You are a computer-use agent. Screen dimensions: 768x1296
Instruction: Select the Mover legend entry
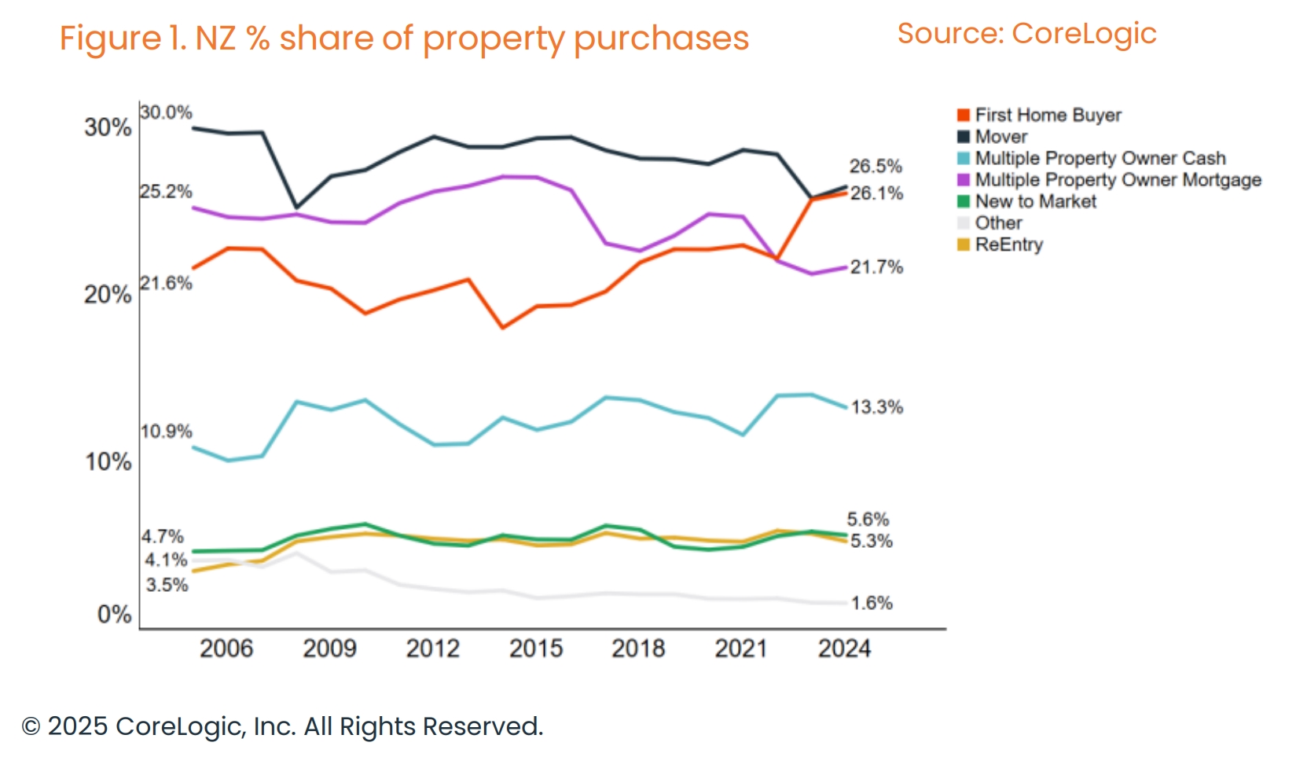[1000, 137]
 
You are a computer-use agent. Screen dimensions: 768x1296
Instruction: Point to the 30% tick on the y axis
[108, 127]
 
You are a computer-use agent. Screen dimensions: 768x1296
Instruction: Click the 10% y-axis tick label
[108, 461]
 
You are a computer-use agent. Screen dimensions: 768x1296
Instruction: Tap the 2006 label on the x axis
[226, 649]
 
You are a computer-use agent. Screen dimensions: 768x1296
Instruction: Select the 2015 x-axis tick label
[536, 649]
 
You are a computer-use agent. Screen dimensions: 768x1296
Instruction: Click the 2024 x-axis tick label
[844, 649]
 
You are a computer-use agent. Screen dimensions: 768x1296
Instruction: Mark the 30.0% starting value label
[166, 112]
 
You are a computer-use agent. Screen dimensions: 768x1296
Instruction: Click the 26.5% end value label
[876, 166]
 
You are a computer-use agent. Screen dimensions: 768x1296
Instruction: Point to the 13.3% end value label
[877, 407]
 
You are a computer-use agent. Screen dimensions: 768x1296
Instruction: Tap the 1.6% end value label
[872, 603]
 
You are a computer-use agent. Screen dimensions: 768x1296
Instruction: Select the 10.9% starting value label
[166, 432]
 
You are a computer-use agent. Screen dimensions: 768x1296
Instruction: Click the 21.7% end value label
[877, 267]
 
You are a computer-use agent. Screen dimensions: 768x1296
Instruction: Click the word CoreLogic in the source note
[1084, 34]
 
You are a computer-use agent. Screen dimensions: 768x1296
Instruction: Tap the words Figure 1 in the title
[122, 39]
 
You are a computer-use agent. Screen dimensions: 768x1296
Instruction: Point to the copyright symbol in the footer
[31, 726]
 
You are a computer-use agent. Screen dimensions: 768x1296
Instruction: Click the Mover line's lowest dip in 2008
[296, 208]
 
